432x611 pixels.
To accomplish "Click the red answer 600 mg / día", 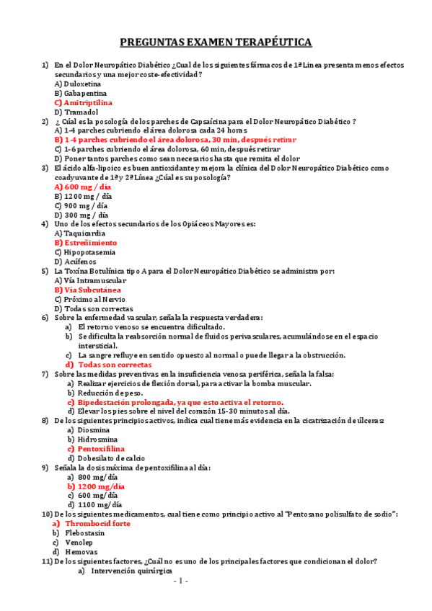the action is click(83, 187).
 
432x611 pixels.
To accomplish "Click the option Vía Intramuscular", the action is click(89, 280).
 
